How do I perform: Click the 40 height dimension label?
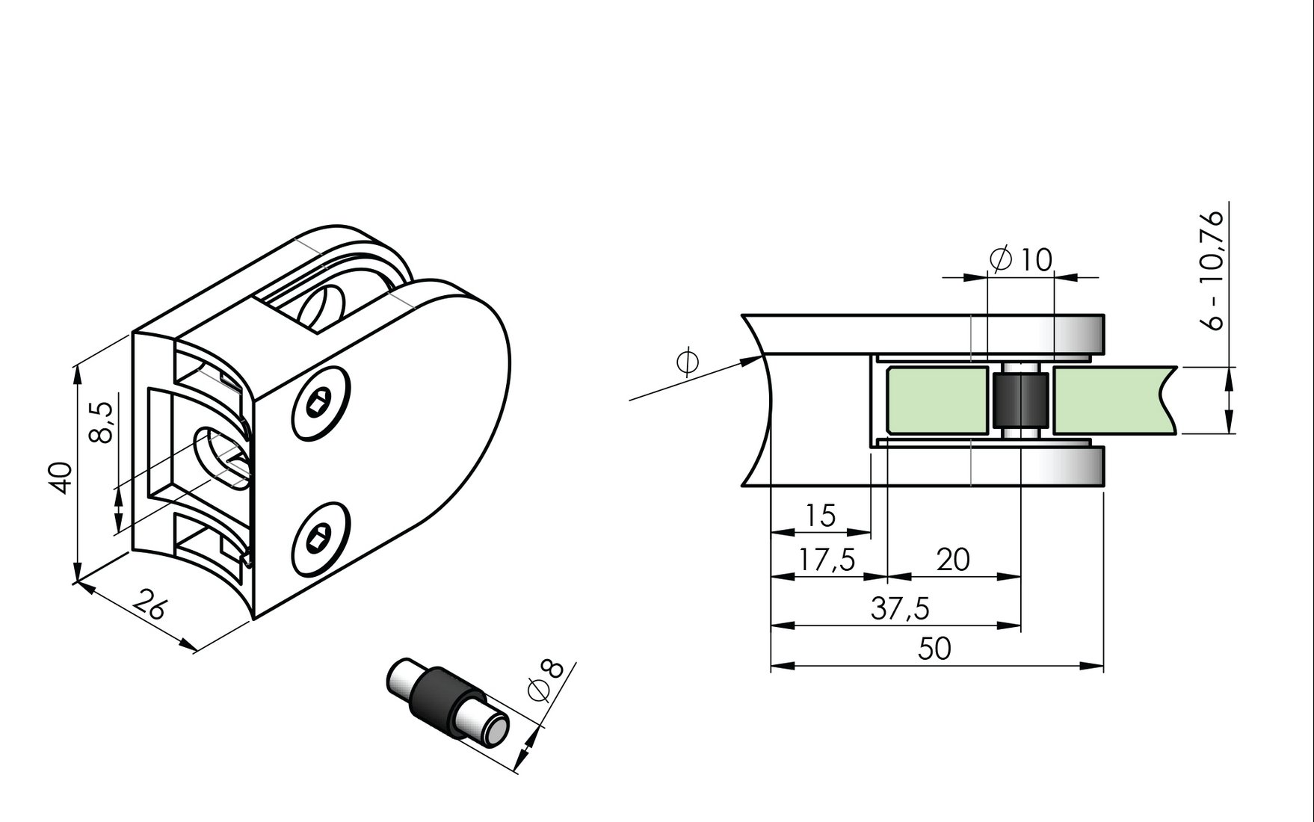click(61, 478)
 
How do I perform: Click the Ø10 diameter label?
click(1020, 259)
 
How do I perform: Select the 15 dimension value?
click(820, 516)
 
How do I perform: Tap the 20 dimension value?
click(953, 559)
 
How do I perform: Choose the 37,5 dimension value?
click(900, 609)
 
